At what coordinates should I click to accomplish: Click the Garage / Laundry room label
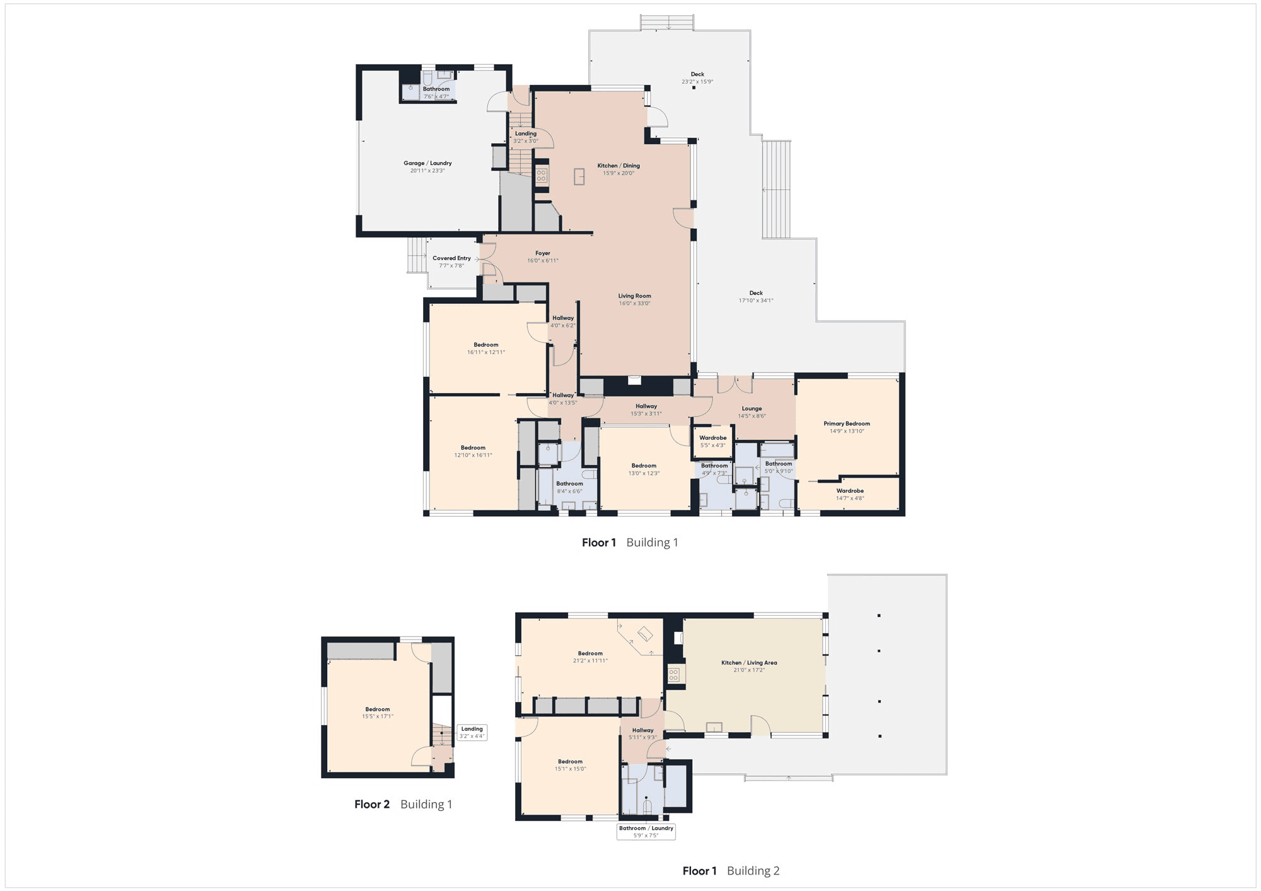click(427, 163)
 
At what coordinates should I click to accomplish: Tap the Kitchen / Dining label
click(619, 166)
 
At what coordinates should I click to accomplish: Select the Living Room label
click(634, 296)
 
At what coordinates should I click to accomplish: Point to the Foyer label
click(543, 253)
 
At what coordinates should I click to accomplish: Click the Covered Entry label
click(451, 258)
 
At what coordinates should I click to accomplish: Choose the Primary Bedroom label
click(847, 424)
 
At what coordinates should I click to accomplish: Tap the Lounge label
click(752, 409)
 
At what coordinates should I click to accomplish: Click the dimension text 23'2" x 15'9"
click(697, 82)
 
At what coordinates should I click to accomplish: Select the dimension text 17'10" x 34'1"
click(756, 301)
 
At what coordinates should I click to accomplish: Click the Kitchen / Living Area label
click(749, 663)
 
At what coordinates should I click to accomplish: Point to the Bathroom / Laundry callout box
click(646, 832)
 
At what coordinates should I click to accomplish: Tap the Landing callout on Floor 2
click(472, 732)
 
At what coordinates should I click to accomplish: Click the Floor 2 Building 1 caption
click(403, 805)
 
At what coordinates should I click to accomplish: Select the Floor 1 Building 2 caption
click(731, 871)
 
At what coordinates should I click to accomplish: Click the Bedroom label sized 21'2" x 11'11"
click(590, 653)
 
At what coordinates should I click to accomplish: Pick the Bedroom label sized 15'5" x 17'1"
click(378, 710)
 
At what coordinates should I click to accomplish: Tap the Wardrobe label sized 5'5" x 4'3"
click(713, 438)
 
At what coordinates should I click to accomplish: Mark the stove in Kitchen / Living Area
click(673, 675)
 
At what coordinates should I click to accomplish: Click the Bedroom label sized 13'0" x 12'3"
click(644, 466)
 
